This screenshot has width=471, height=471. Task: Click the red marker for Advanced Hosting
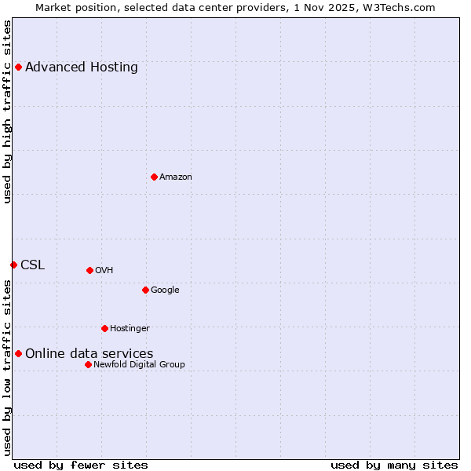(18, 67)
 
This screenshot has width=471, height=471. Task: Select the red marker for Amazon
(154, 177)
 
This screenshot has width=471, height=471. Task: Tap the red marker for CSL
(13, 265)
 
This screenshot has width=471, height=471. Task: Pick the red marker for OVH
(89, 270)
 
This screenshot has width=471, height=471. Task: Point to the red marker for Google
(145, 290)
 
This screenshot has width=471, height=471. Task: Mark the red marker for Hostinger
(104, 328)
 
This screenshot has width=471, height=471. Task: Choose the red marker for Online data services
(18, 353)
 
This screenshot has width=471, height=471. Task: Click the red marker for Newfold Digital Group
(88, 364)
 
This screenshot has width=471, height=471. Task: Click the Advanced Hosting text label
(82, 67)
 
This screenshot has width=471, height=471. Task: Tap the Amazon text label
(176, 177)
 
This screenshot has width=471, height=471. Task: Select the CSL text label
(33, 265)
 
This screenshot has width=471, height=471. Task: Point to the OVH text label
(104, 270)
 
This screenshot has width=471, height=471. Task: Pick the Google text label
(165, 290)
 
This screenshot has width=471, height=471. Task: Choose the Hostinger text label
(130, 328)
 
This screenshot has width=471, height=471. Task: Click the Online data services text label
(89, 353)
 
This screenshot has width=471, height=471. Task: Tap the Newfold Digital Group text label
(140, 364)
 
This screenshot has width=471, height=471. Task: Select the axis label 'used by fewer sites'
(81, 465)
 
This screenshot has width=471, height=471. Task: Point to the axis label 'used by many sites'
(394, 465)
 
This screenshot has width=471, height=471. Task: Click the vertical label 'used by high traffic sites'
(7, 111)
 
